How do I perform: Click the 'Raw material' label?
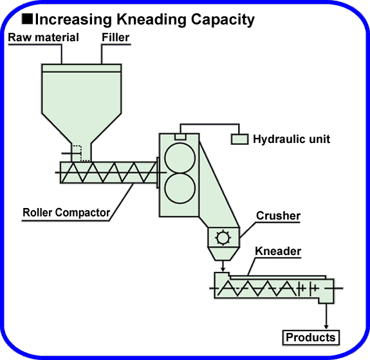(x=43, y=37)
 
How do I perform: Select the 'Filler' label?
(x=116, y=37)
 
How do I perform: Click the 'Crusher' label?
(x=279, y=216)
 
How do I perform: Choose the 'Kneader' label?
(x=279, y=251)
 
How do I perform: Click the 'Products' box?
(x=311, y=337)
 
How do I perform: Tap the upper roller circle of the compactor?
(x=180, y=156)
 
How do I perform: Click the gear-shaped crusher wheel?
(x=223, y=238)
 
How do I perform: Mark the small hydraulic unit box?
(x=239, y=139)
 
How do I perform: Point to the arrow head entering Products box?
(x=328, y=325)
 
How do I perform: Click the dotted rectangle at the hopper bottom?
(x=77, y=153)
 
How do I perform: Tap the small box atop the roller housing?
(x=181, y=136)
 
